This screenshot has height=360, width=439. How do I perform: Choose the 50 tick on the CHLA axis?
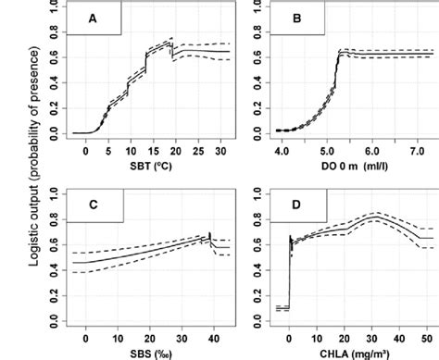422,336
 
